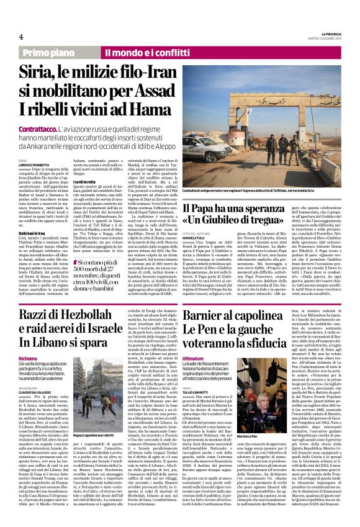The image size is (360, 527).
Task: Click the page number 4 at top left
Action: click(x=20, y=37)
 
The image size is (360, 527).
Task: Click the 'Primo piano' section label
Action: click(x=50, y=54)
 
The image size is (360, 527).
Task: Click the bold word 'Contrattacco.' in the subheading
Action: click(x=40, y=127)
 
